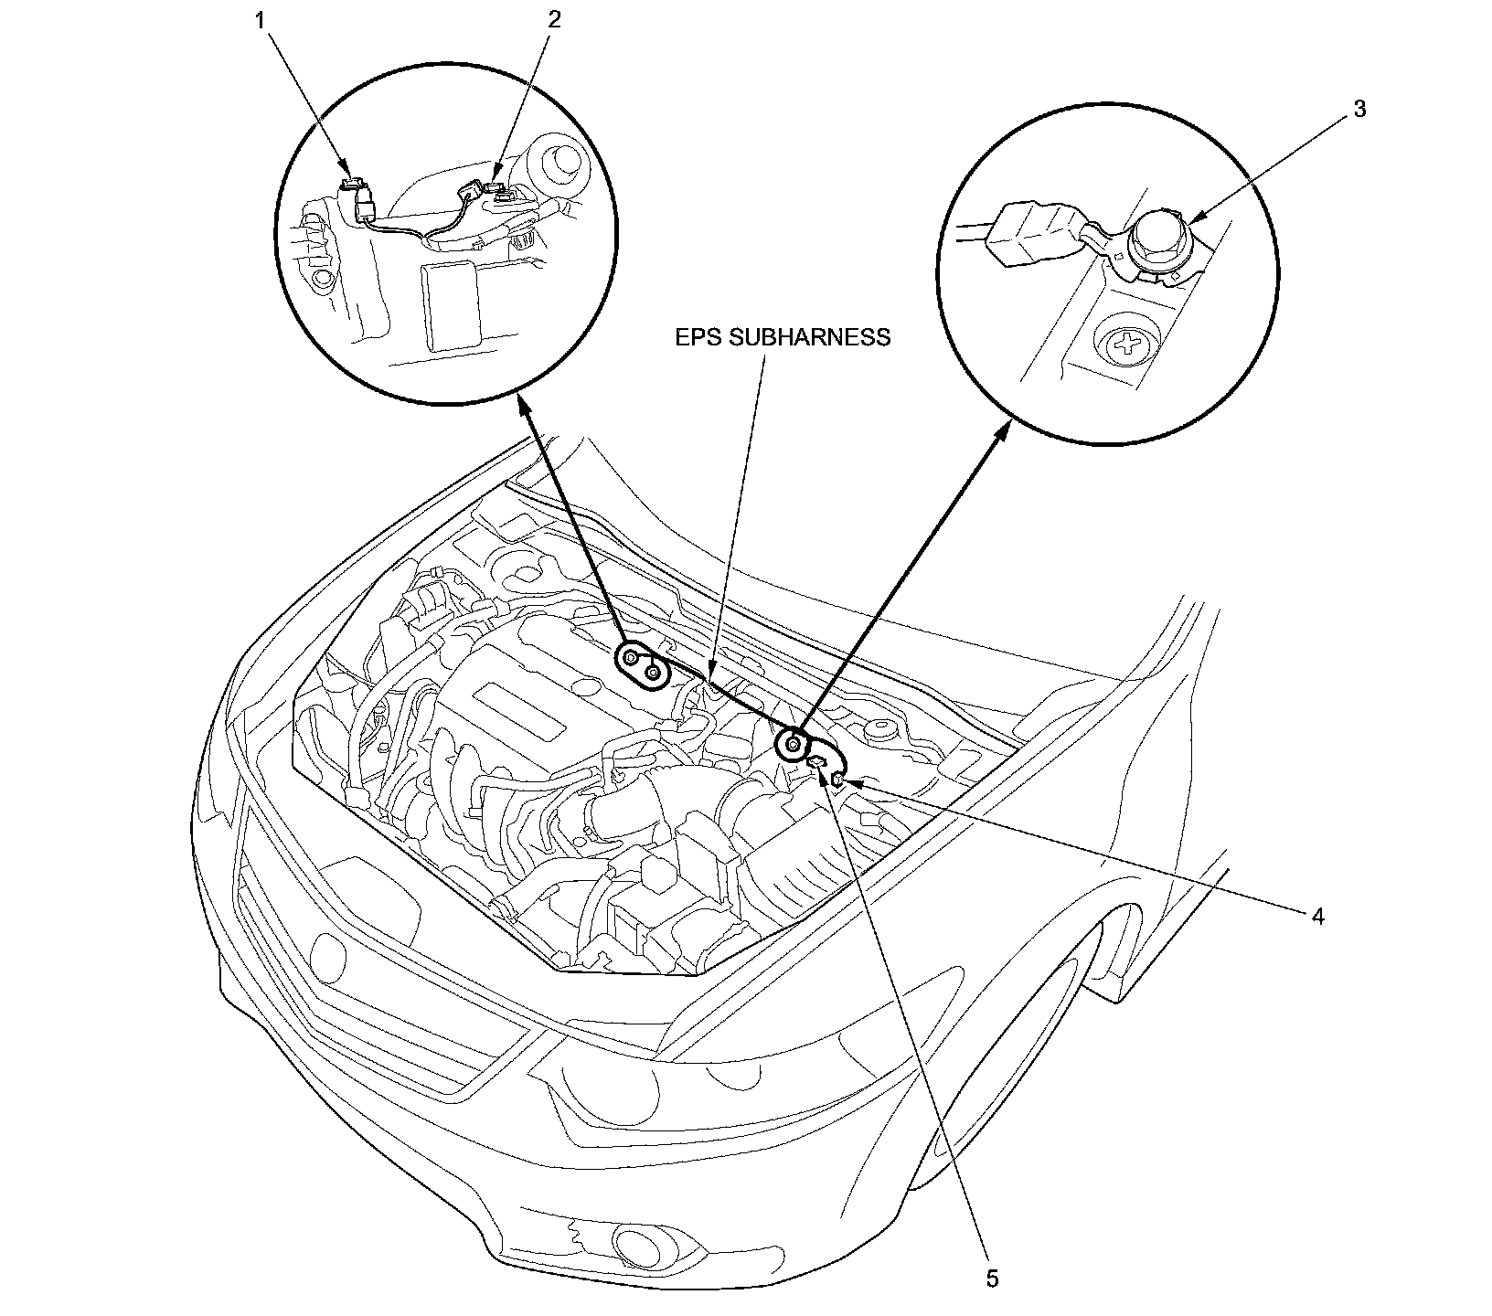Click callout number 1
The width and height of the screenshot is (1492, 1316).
point(262,20)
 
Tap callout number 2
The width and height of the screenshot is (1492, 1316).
point(553,20)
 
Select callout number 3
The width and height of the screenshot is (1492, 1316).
point(1359,109)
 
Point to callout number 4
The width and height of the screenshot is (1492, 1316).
point(1316,916)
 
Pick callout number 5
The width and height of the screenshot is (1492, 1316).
point(992,1279)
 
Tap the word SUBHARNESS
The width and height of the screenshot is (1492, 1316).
point(808,337)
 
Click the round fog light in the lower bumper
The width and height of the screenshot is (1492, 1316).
point(629,1242)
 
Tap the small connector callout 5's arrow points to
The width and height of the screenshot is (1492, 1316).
point(817,763)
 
